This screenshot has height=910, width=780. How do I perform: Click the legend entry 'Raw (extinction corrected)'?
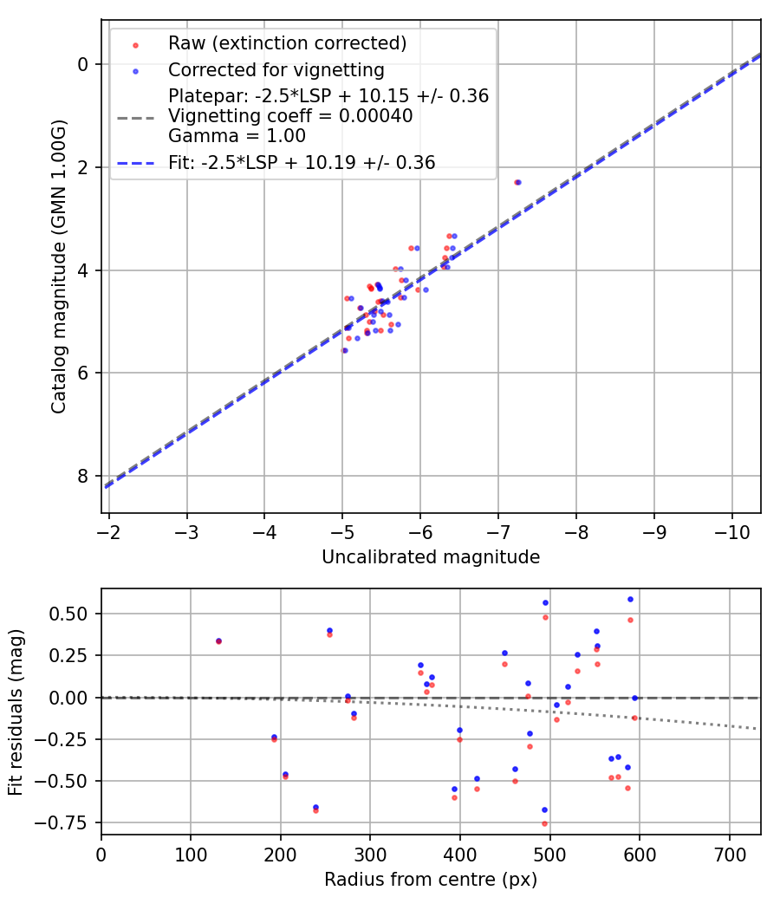(x=287, y=43)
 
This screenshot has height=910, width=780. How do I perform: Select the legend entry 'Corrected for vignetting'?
(x=276, y=69)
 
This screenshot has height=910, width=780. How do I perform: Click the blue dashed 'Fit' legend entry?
(x=302, y=162)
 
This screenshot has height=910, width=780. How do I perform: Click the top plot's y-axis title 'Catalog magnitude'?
(x=58, y=266)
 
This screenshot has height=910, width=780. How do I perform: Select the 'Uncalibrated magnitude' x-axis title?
(x=431, y=557)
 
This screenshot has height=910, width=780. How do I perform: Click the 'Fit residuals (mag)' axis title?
(x=16, y=712)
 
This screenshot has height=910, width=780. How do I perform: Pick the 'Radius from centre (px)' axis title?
(x=431, y=880)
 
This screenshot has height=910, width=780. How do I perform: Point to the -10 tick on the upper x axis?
(x=731, y=530)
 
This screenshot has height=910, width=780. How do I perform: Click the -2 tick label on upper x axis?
(x=109, y=530)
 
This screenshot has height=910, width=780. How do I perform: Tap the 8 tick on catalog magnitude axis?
(x=82, y=476)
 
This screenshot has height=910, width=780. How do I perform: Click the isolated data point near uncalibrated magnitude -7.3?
(x=517, y=182)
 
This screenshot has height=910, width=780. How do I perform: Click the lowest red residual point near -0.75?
(x=544, y=823)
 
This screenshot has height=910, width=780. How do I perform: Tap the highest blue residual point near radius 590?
(x=630, y=599)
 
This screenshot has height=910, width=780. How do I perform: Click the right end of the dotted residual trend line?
(x=757, y=728)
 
